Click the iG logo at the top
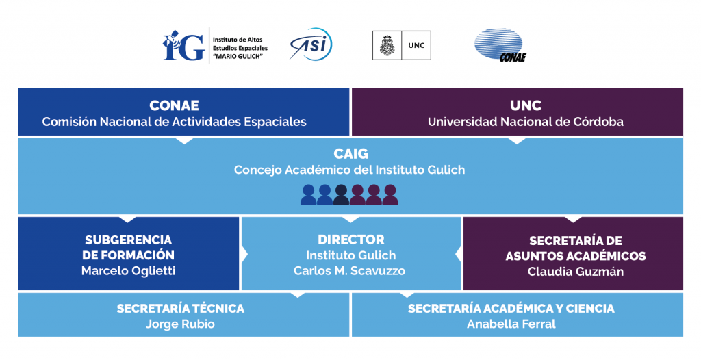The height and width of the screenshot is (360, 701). (183, 46)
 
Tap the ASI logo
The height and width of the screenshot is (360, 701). (311, 44)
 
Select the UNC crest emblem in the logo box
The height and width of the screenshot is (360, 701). (387, 46)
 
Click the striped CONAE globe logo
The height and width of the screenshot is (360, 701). (500, 44)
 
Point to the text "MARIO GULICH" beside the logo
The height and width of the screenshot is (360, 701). (238, 56)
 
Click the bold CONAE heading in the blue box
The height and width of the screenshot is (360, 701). (175, 105)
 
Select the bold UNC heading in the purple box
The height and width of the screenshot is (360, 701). (526, 105)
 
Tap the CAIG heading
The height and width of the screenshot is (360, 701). (351, 154)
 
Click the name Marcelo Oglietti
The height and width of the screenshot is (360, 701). (128, 271)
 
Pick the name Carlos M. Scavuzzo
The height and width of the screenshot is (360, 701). (350, 271)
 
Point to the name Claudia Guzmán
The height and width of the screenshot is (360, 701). (576, 272)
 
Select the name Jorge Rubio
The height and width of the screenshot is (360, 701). (181, 324)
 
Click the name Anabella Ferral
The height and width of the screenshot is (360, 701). (511, 324)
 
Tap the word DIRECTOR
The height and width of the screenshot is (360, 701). (351, 240)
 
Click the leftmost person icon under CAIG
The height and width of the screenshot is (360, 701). (309, 195)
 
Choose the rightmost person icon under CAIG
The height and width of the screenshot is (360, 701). (390, 195)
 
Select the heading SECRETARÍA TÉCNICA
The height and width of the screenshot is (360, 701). (181, 308)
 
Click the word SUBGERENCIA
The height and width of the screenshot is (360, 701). (128, 240)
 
